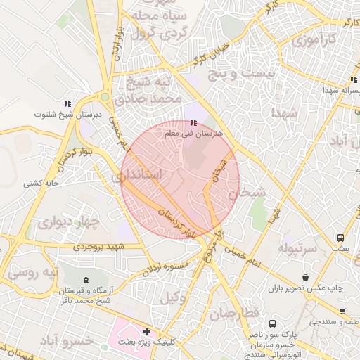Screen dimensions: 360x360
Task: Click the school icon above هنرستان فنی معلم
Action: (x=193, y=122)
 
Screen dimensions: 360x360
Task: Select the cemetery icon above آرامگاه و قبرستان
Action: (x=86, y=280)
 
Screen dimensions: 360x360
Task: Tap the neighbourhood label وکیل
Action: (x=174, y=297)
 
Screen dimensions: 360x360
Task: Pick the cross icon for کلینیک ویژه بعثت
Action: (x=146, y=331)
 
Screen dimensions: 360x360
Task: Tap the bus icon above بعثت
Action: (x=341, y=238)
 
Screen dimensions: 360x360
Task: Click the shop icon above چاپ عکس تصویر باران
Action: (x=305, y=278)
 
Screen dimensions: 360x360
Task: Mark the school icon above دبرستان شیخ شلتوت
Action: (x=67, y=103)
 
